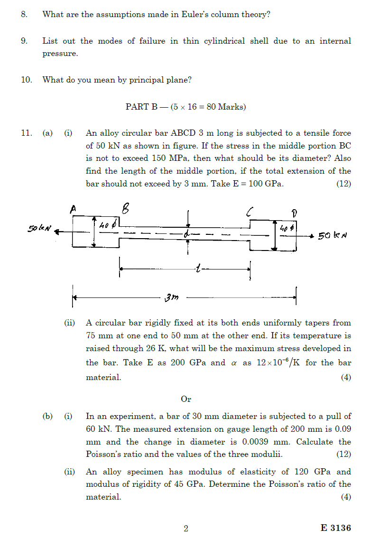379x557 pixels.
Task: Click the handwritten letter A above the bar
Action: (x=74, y=208)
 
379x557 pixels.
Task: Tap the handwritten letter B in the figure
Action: (x=126, y=208)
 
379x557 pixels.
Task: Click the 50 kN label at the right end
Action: (x=333, y=236)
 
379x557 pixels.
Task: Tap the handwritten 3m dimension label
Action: (x=171, y=297)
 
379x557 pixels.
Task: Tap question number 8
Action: (x=24, y=14)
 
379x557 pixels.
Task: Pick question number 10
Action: (x=26, y=80)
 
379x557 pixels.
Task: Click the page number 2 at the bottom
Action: (x=186, y=528)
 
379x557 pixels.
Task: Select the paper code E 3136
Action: (x=335, y=528)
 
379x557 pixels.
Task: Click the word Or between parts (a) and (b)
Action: (x=186, y=399)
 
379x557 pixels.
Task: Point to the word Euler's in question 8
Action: (x=194, y=14)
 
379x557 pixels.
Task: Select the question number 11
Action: (x=26, y=133)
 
